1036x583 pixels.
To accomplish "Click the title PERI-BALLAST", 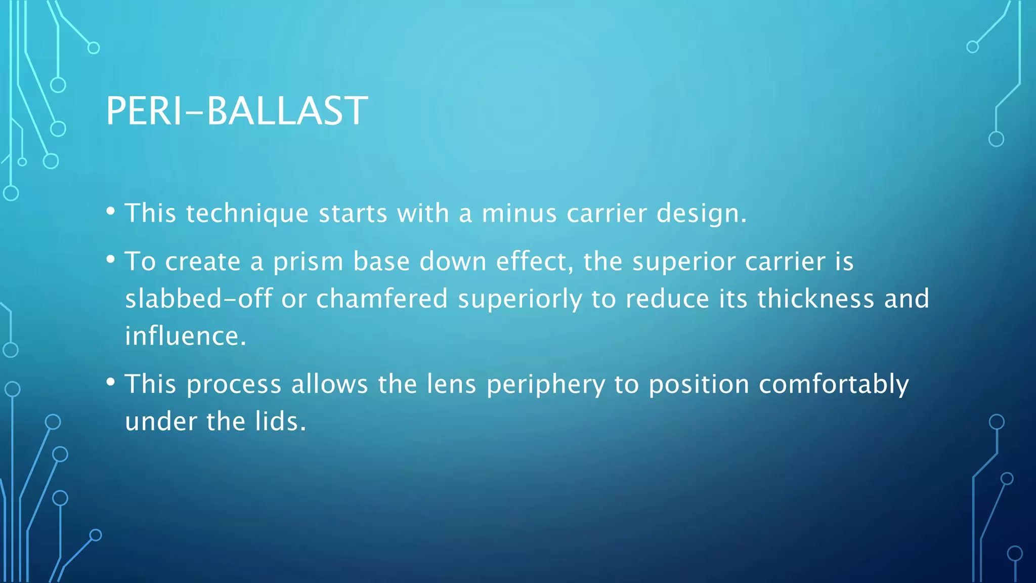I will tap(237, 111).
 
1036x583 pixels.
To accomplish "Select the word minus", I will tap(519, 213).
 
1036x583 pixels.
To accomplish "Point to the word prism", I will tap(308, 262).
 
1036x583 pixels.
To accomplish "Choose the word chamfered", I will tap(382, 299).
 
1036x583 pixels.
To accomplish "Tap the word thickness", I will tap(815, 299).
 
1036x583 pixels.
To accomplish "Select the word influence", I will tap(185, 336).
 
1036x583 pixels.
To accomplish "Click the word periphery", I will tap(545, 385).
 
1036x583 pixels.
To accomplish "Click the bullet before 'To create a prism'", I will tap(111, 260).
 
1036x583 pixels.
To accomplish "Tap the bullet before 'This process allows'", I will tap(111, 383).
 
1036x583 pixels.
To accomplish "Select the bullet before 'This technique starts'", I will tap(111, 212).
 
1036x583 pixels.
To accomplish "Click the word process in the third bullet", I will tap(234, 385).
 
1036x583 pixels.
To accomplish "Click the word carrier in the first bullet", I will tap(607, 213).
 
